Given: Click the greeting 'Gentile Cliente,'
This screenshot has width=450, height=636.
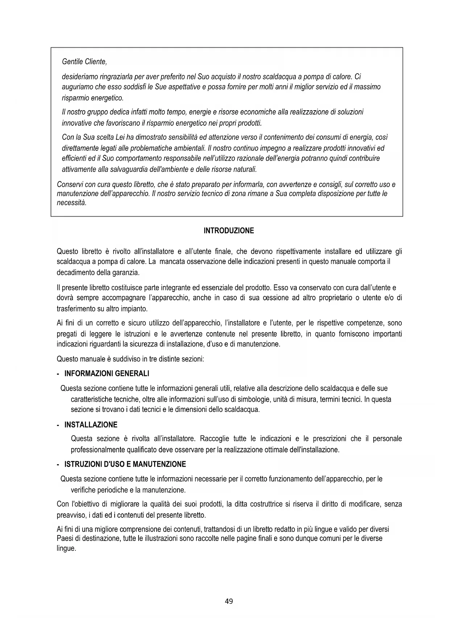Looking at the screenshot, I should pyautogui.click(x=84, y=62).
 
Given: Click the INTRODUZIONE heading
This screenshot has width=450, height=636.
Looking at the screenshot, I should pyautogui.click(x=229, y=231).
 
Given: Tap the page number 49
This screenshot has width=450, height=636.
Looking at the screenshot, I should pyautogui.click(x=229, y=601).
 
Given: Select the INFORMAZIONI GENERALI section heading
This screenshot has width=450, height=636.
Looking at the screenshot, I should pyautogui.click(x=107, y=373).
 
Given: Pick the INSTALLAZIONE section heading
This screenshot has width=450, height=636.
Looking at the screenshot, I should pyautogui.click(x=91, y=425).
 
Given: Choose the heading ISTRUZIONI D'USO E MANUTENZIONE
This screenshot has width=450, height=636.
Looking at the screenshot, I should pyautogui.click(x=125, y=464).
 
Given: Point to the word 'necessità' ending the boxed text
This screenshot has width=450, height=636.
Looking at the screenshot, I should pyautogui.click(x=71, y=203).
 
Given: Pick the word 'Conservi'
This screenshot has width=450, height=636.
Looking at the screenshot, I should pyautogui.click(x=70, y=185).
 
